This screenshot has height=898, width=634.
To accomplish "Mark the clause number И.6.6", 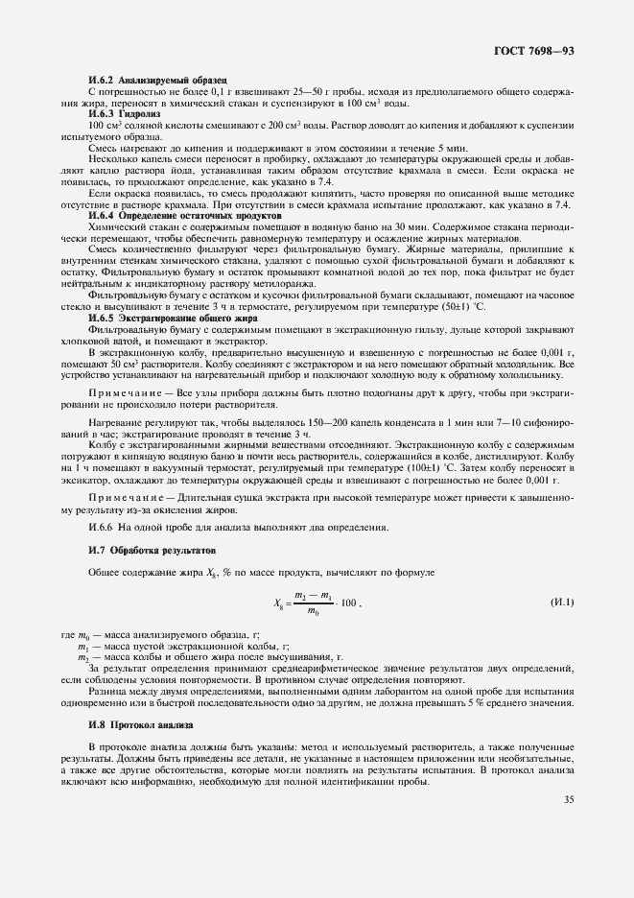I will [101, 528].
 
